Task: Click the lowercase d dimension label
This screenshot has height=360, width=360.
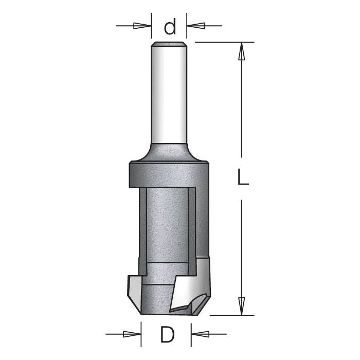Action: coord(170,26)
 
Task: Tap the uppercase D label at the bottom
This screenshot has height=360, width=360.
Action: coord(167,335)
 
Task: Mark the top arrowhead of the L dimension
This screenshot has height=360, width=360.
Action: coord(241,50)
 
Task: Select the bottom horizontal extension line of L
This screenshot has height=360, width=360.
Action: coord(231,315)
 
